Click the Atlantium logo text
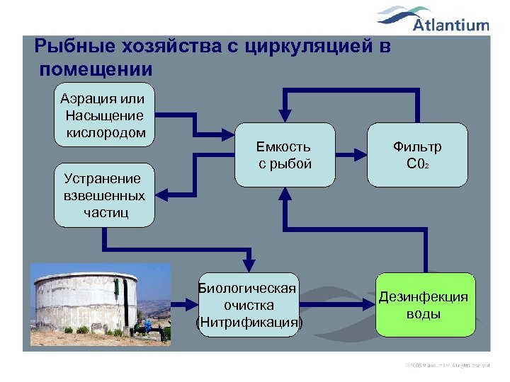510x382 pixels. (451, 25)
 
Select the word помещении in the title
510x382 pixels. (96, 69)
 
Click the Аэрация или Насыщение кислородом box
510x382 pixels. (104, 115)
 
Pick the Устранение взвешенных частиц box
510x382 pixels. (104, 195)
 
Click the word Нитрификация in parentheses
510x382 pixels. (249, 323)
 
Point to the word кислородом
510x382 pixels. (106, 133)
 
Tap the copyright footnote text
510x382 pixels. (446, 364)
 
